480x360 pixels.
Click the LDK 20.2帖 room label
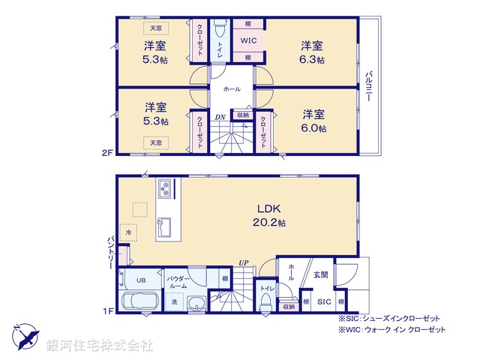268,215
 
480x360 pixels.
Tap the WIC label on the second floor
247,41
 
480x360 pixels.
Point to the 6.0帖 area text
314,127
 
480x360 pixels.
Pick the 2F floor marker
107,153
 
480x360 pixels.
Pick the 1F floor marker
107,310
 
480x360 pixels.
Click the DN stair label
220,116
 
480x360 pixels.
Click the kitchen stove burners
164,187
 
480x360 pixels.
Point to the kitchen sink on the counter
165,226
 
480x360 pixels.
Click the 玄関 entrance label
321,275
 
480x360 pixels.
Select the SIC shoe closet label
324,301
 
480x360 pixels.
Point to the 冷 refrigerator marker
128,235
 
